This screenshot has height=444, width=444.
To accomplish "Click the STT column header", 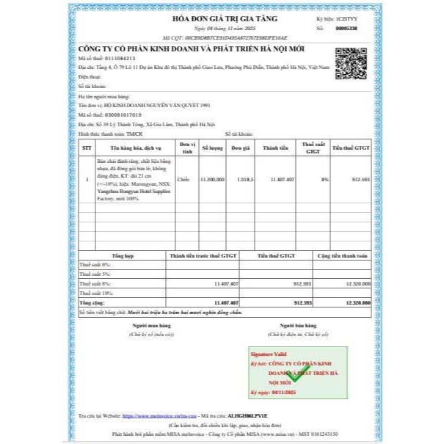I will [x=87, y=148].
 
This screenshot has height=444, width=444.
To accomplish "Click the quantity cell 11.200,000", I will [x=212, y=178].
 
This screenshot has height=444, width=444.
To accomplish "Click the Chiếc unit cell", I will [x=183, y=178].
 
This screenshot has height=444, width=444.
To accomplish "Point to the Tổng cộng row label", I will [x=92, y=302].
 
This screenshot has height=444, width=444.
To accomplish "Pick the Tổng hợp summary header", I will [x=122, y=256].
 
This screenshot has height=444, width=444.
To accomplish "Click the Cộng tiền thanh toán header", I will [x=342, y=256].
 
